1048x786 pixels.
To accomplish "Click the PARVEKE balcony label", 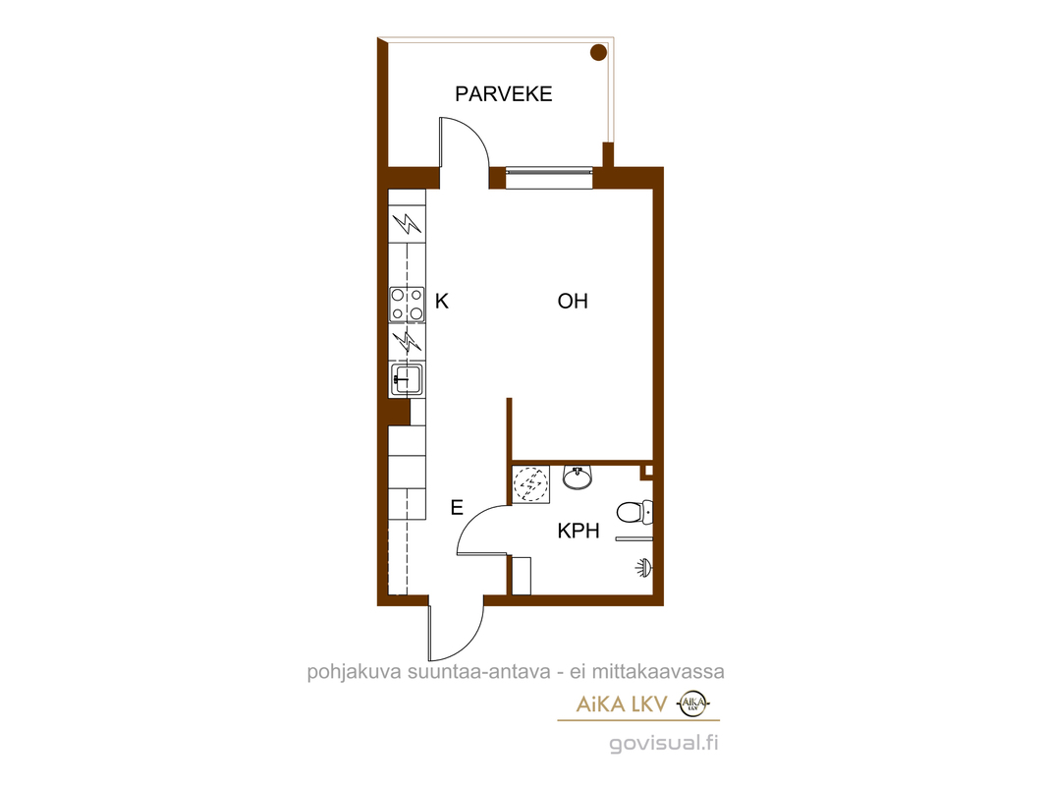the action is [x=503, y=94].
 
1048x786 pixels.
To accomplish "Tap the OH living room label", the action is [x=573, y=302].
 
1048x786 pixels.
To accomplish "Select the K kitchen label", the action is [x=442, y=302].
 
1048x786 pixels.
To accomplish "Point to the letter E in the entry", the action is [x=457, y=508].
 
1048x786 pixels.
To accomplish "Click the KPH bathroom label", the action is [x=579, y=532].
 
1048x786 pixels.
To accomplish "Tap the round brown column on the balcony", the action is [x=598, y=52].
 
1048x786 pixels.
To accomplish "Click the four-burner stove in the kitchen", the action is [x=407, y=305].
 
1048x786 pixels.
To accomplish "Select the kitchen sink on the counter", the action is [x=407, y=379].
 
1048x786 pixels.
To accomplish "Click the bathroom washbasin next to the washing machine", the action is [x=578, y=477].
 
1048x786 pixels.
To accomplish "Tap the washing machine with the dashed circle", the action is [x=530, y=484].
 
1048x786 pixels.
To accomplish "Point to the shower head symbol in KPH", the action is [x=643, y=568].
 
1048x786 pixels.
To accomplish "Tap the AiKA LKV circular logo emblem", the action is [x=693, y=703].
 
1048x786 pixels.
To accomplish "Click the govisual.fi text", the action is [x=664, y=743].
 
